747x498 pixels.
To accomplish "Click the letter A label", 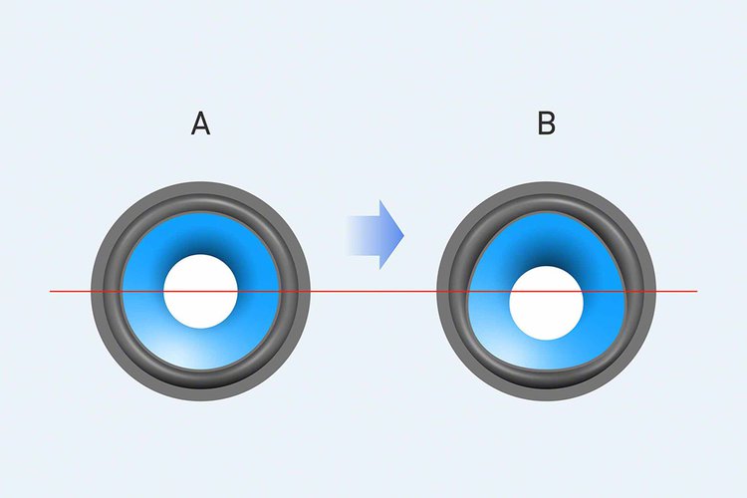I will pos(200,124).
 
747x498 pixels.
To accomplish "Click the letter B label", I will pos(547,124).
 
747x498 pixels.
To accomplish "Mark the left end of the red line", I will pos(51,291).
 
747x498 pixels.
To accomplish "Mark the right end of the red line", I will pos(696,291).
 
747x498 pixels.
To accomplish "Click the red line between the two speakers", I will pos(373,291).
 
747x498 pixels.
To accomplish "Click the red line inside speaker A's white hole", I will pos(200,291).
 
